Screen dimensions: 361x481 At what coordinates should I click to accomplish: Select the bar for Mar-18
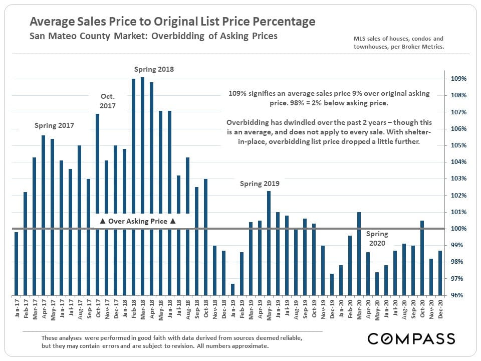143,186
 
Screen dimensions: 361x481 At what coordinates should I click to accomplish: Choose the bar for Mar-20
359,253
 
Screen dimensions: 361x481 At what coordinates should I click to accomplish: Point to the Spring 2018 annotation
154,69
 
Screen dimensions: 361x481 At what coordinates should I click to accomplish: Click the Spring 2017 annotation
54,126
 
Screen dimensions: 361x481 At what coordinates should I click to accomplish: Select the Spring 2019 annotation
260,184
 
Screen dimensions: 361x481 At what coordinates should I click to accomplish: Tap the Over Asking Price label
137,221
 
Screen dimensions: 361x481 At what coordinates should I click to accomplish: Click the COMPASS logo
411,338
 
